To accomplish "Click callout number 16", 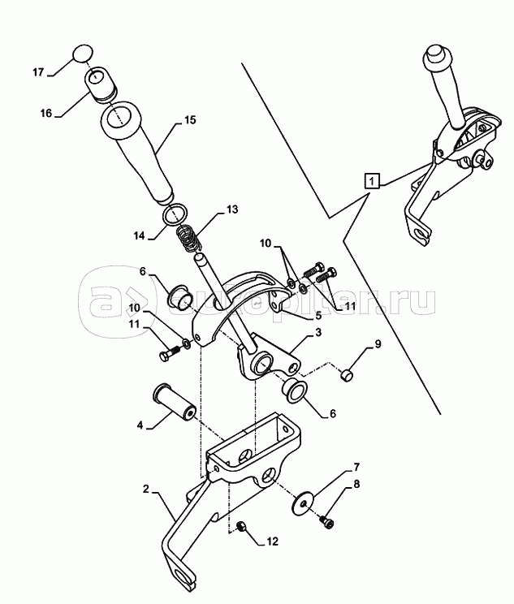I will click(x=46, y=114).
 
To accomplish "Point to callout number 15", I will click(x=189, y=120).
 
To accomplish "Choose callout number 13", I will click(x=231, y=209).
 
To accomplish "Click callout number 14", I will click(x=139, y=236).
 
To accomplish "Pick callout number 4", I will click(x=140, y=425).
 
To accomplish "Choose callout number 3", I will click(x=317, y=333).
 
